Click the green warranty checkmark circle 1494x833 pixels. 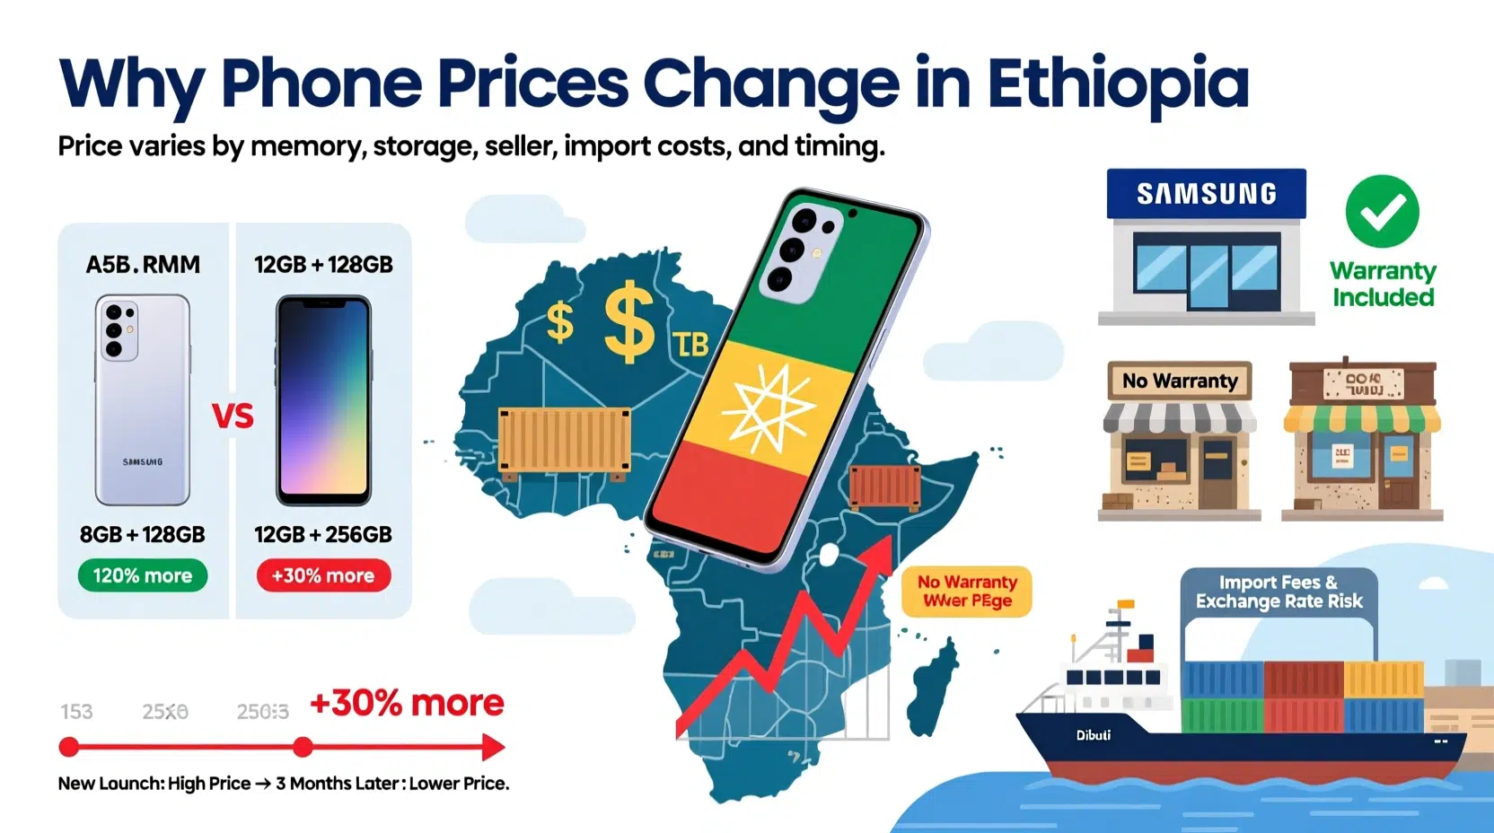1382,212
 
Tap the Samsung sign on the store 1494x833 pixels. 1206,194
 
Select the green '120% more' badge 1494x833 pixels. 143,575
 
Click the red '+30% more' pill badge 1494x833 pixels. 323,575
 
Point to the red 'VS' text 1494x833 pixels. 233,416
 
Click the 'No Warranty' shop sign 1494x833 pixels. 1180,381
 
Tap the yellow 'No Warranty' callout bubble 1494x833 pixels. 967,592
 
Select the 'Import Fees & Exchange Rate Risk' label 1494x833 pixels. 1279,592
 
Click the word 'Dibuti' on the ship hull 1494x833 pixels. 1094,735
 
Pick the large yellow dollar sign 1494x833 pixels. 629,322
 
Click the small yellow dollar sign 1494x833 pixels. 559,322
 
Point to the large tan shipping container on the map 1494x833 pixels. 564,440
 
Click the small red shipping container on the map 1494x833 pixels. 884,487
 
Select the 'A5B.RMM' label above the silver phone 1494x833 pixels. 143,265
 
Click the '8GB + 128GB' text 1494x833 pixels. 143,535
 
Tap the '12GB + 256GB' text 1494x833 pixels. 323,535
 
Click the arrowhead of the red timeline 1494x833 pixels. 493,747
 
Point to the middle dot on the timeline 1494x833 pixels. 303,747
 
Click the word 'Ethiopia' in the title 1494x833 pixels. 1118,83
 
